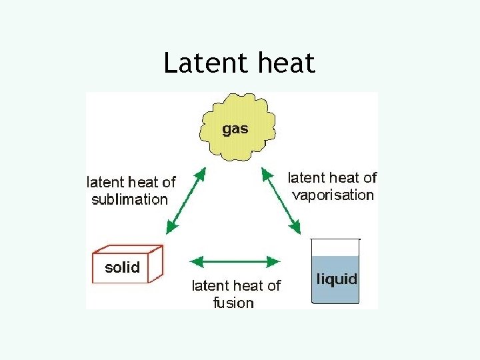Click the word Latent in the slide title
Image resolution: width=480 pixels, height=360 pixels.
198,64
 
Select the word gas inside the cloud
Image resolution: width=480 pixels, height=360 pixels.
235,129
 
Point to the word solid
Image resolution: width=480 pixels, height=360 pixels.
123,268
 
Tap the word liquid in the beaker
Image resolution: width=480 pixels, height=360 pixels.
336,279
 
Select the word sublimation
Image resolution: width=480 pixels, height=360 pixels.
129,199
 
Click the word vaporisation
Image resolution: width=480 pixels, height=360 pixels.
333,195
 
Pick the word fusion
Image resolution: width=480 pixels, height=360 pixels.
233,303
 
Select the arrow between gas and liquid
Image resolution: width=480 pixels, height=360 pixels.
281,199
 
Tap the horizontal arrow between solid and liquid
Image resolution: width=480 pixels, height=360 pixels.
235,259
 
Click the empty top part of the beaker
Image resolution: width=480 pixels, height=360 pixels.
335,247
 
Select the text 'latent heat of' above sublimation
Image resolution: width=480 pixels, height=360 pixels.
131,182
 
